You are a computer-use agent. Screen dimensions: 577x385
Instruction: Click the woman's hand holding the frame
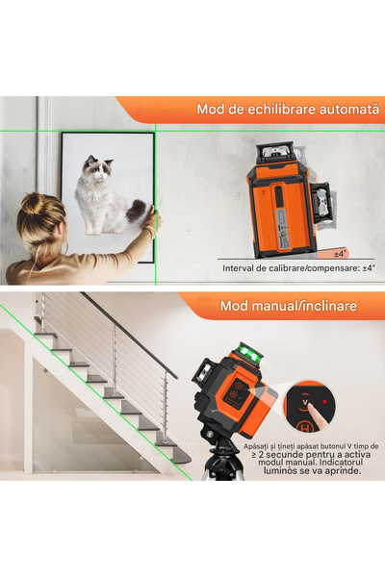click(151, 224)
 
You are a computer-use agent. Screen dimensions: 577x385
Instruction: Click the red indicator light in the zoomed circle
click(325, 401)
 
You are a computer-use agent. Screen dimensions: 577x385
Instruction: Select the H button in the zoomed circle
click(306, 423)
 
